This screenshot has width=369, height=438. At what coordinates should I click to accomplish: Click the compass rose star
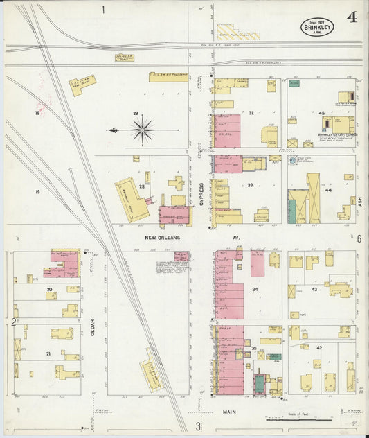[142, 129]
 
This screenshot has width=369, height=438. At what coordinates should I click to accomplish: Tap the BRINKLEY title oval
[317, 27]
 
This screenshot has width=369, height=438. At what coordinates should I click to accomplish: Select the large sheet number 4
[352, 17]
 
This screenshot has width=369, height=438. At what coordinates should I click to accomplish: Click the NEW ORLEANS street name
[163, 238]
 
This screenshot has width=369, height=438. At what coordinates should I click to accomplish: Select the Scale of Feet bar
[299, 419]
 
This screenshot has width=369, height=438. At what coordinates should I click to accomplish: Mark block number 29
[136, 113]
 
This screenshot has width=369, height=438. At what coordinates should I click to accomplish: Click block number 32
[251, 113]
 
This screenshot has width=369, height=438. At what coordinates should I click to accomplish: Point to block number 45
[321, 113]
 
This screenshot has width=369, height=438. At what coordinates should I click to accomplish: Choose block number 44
[329, 190]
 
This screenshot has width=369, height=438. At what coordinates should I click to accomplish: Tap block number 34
[255, 288]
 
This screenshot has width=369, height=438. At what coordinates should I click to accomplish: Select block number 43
[314, 288]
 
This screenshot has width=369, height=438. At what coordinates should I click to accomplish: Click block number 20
[49, 288]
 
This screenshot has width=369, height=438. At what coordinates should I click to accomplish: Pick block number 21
[48, 353]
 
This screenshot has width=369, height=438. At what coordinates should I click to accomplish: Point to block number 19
[38, 192]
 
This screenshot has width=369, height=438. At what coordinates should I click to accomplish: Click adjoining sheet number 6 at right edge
[360, 238]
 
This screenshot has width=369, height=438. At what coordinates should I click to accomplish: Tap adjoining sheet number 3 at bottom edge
[197, 426]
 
